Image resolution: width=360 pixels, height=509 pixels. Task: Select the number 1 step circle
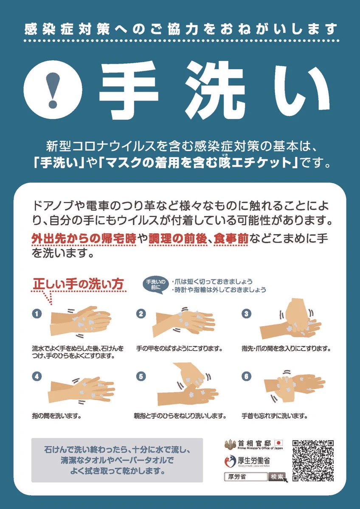pos(37,314)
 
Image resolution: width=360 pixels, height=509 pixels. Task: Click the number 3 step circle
pos(246,314)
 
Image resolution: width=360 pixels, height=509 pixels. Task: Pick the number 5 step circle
pos(141,376)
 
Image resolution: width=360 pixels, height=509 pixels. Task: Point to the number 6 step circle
pos(246,376)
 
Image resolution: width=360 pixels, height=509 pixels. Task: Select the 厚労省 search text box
pos(245,476)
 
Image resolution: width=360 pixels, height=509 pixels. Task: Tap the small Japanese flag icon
pos(279,442)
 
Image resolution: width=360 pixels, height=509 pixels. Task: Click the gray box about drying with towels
pos(117,460)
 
